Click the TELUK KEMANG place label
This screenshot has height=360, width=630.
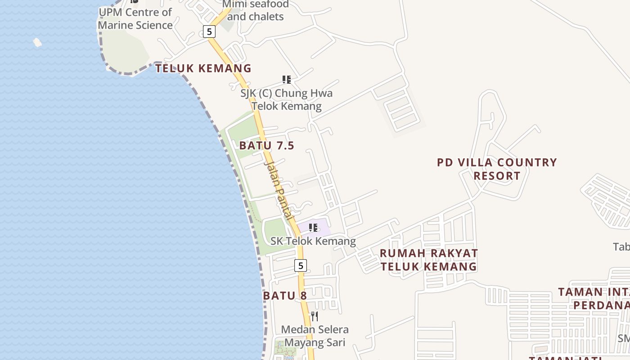pyautogui.click(x=203, y=68)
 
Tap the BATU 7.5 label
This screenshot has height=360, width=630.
pyautogui.click(x=266, y=145)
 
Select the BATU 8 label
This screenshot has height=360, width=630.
pyautogui.click(x=285, y=296)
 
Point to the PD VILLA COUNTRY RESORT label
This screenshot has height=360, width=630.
pyautogui.click(x=497, y=169)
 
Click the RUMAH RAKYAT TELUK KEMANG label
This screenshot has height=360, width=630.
pyautogui.click(x=428, y=260)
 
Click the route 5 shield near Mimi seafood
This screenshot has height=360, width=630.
pyautogui.click(x=209, y=31)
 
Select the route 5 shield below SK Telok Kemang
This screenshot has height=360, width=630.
pyautogui.click(x=301, y=265)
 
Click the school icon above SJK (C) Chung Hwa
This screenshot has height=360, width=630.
pyautogui.click(x=287, y=80)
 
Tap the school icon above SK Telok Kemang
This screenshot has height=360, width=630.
pyautogui.click(x=313, y=228)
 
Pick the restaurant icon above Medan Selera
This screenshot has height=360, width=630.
pyautogui.click(x=315, y=316)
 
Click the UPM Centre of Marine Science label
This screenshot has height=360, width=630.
pyautogui.click(x=135, y=18)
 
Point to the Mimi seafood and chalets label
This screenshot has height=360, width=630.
pyautogui.click(x=256, y=10)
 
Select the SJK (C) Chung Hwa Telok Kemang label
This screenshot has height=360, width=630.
pyautogui.click(x=287, y=100)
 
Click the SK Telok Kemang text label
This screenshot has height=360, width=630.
pyautogui.click(x=313, y=241)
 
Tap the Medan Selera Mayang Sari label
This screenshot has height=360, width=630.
pyautogui.click(x=315, y=336)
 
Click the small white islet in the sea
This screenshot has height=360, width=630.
pyautogui.click(x=37, y=42)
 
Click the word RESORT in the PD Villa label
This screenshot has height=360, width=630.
pyautogui.click(x=497, y=176)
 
